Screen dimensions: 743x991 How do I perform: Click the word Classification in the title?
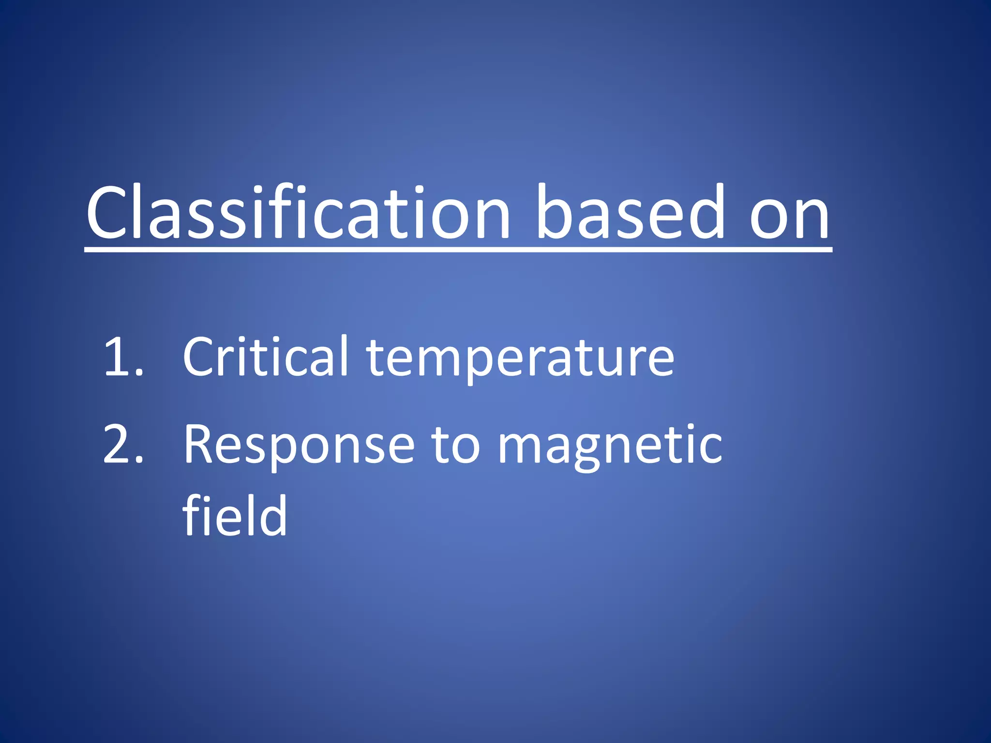pos(298,213)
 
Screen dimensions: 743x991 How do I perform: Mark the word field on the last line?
pos(235,516)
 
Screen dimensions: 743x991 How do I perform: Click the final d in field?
pos(274,516)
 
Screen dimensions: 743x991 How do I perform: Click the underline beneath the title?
pos(458,250)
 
